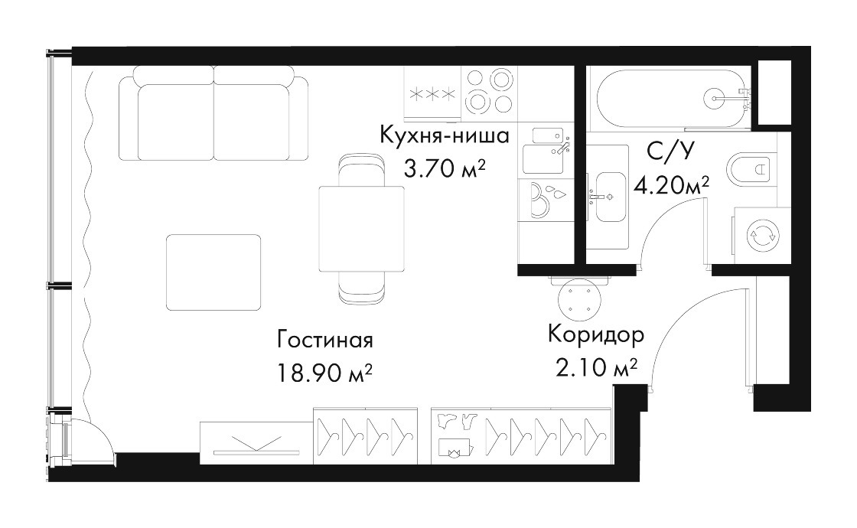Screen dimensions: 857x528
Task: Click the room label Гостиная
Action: [325, 340]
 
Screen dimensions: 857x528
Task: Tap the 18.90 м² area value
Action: [325, 374]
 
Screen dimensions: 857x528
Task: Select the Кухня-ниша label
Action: [445, 135]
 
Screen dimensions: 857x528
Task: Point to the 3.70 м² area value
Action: [445, 169]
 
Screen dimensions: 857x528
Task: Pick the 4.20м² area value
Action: [671, 186]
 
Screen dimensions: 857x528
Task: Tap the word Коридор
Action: [596, 334]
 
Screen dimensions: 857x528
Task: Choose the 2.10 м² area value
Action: [596, 368]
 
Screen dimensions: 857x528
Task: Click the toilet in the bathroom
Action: [752, 169]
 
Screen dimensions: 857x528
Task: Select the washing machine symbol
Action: [763, 235]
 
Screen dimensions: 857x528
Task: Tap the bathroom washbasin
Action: [608, 196]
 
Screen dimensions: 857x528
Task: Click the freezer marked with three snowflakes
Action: [433, 94]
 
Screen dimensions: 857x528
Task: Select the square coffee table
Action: [213, 272]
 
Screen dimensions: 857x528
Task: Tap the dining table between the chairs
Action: [362, 229]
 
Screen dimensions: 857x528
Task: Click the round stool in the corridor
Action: [581, 301]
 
